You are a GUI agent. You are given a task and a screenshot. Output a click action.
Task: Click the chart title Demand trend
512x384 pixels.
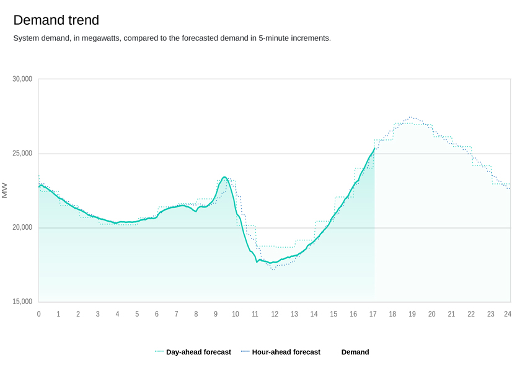(56, 20)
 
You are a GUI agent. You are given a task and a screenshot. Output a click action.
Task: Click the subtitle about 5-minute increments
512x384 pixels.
(172, 38)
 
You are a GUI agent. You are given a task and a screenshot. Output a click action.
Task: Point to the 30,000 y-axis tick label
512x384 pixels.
(22, 79)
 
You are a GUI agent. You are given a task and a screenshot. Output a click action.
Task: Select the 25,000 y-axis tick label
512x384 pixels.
(22, 154)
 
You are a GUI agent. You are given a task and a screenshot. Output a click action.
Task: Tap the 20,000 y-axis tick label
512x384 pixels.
(22, 228)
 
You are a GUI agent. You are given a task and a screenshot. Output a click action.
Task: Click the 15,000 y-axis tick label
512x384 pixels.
(22, 302)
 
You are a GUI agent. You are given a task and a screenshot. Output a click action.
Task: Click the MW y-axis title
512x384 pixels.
(5, 190)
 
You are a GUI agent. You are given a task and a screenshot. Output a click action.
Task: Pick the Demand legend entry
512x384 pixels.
(355, 352)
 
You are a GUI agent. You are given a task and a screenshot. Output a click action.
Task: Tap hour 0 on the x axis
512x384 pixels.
(38, 314)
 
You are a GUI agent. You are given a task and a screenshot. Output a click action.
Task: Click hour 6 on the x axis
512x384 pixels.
(157, 314)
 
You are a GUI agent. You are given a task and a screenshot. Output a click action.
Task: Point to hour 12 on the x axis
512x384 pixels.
(275, 314)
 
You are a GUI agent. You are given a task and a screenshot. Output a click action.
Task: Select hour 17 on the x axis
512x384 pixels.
(373, 314)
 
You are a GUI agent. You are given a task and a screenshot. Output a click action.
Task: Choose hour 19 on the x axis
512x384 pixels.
(412, 314)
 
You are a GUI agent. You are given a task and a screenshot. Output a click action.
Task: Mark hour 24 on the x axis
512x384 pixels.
(508, 314)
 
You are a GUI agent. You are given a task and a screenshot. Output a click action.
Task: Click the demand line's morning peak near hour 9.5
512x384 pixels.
(224, 177)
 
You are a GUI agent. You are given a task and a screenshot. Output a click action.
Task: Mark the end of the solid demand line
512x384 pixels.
(374, 149)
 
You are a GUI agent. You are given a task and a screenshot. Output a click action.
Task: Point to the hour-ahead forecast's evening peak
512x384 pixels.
(410, 117)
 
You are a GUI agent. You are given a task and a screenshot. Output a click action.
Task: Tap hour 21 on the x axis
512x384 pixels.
(451, 314)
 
